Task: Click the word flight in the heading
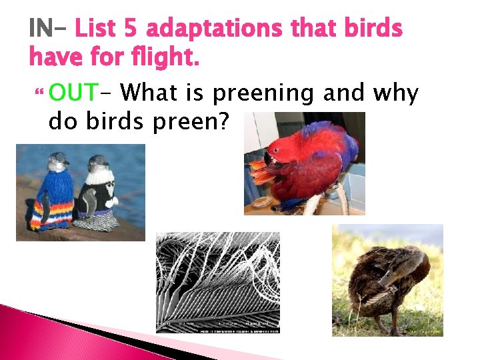167,59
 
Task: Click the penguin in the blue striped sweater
55,193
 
